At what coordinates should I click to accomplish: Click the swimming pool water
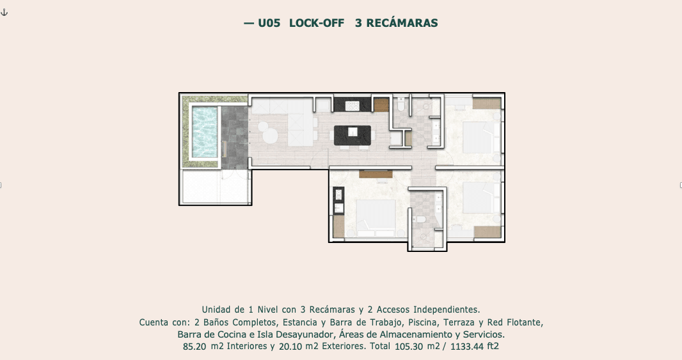coord(205,132)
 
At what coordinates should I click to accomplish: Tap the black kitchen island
coord(353,135)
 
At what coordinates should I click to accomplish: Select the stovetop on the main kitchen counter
coord(352,106)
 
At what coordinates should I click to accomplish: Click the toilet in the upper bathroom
coord(401,104)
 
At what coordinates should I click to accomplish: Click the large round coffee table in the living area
coord(270,136)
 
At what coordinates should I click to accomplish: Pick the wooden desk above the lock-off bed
coord(376,175)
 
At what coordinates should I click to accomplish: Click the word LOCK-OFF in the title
coord(317,23)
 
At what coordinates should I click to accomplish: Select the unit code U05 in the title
coord(269,23)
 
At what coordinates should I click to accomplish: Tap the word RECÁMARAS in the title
coord(402,22)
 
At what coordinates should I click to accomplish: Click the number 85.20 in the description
coord(194,347)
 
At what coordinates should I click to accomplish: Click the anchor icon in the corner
coord(4,12)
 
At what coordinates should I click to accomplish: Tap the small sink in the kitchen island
coord(353,132)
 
